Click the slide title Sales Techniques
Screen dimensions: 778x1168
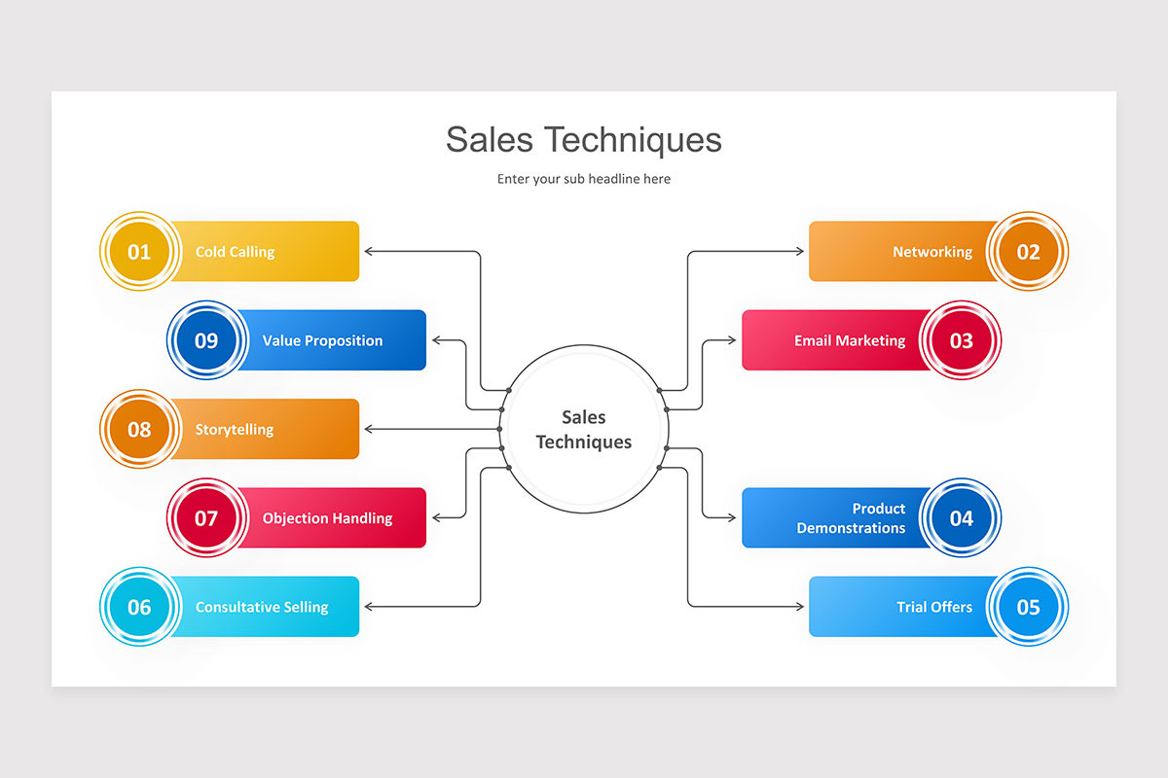[584, 140]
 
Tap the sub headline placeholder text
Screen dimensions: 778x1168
[584, 179]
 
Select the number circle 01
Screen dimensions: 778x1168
[139, 252]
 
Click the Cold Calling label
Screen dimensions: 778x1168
[235, 252]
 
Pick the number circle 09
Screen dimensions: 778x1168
[206, 340]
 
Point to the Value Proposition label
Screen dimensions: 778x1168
[322, 340]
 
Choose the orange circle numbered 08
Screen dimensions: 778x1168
[139, 429]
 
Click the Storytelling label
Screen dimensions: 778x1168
[234, 429]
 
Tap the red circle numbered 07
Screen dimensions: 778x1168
[206, 518]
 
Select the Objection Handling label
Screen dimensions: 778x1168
[327, 518]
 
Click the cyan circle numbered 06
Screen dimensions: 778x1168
[139, 607]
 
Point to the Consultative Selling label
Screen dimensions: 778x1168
[262, 607]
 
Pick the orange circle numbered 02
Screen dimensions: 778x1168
[1028, 252]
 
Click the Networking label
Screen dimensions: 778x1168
[932, 252]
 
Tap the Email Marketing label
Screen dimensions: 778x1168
[850, 340]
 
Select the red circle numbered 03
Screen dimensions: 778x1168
[961, 340]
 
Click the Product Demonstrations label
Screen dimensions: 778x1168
[851, 518]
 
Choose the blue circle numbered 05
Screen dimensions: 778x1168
[1028, 607]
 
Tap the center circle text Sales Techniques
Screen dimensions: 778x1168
[584, 429]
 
